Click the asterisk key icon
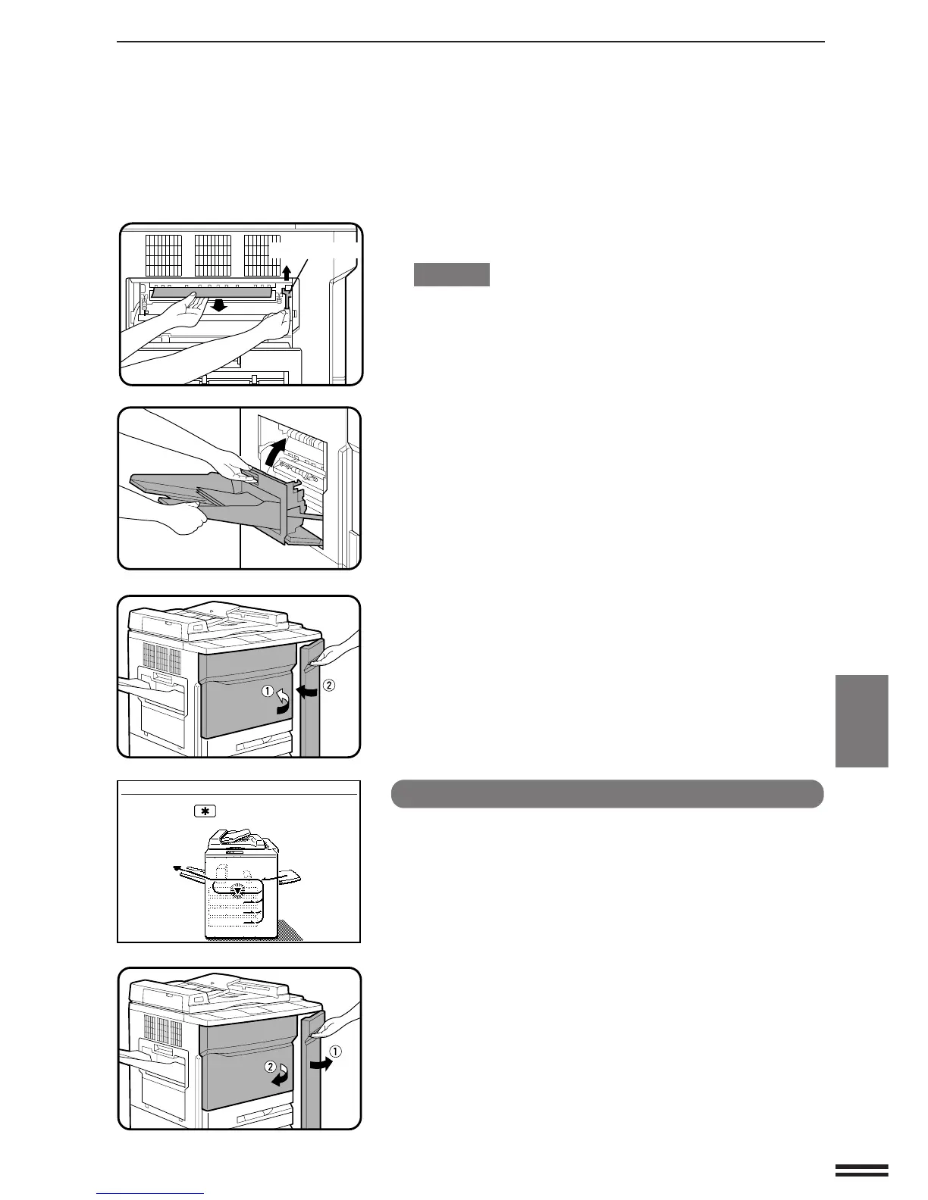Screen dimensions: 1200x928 204,811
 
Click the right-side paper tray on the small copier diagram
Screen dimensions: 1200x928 289,877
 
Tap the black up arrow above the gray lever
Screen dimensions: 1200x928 287,273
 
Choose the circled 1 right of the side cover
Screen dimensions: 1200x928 335,1051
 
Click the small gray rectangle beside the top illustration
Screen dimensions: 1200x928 451,274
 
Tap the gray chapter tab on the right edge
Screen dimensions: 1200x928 862,720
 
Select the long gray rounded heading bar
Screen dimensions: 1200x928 607,794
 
